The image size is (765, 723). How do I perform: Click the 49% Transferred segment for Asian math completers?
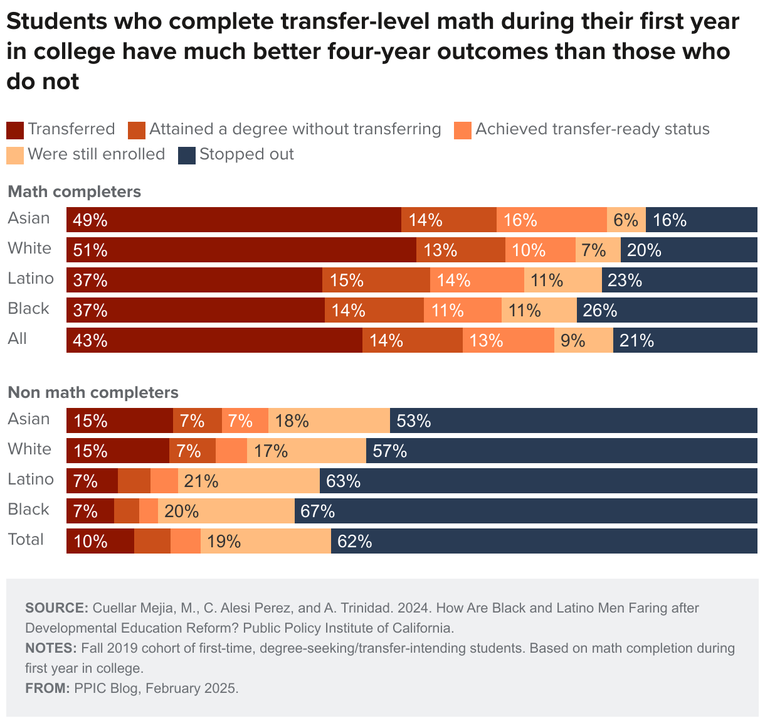click(x=233, y=220)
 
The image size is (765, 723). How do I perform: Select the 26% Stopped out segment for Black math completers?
click(x=667, y=310)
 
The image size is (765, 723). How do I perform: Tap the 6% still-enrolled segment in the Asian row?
click(x=626, y=220)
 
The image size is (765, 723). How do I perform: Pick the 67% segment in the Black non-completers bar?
click(x=525, y=511)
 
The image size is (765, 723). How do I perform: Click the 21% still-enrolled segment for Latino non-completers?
click(x=249, y=481)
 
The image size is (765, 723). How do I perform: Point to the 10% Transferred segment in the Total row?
click(x=100, y=541)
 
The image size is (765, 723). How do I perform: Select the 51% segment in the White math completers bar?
click(x=241, y=250)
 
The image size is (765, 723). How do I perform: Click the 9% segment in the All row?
click(x=583, y=340)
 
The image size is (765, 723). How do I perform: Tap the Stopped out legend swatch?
click(x=187, y=155)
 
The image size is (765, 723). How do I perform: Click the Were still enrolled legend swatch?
click(x=15, y=155)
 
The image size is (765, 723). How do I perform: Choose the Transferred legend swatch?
click(x=15, y=130)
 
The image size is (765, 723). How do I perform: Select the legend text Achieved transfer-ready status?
click(x=592, y=129)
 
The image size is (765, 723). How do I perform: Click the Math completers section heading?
click(x=74, y=191)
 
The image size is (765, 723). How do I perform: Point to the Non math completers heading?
click(x=93, y=392)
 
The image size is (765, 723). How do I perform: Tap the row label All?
click(x=18, y=339)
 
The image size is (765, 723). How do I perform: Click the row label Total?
click(x=26, y=540)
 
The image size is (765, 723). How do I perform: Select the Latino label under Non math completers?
click(x=31, y=479)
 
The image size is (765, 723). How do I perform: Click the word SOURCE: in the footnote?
click(x=56, y=608)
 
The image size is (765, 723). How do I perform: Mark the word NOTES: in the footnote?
click(x=51, y=648)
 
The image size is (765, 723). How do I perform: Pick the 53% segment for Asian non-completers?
click(x=573, y=420)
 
